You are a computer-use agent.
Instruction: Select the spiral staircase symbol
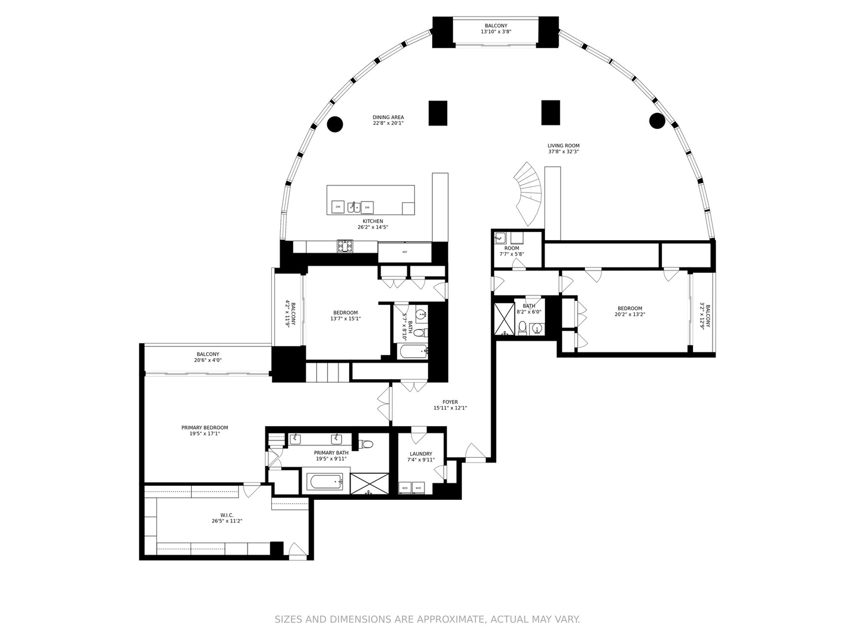click(528, 193)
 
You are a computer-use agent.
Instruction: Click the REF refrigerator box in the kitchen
click(405, 252)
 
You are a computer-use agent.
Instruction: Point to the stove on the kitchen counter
click(344, 245)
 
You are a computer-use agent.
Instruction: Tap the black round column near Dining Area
click(335, 124)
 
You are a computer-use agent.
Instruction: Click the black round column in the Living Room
click(657, 121)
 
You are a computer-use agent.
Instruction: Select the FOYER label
click(450, 402)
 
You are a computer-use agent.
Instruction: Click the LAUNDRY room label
click(421, 454)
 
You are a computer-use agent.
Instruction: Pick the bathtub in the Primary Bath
click(324, 481)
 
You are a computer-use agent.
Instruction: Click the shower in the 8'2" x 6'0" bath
click(505, 319)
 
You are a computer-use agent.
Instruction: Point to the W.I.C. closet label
click(227, 515)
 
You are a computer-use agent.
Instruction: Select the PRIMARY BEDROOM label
click(204, 428)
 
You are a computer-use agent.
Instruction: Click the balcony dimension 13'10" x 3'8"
click(496, 32)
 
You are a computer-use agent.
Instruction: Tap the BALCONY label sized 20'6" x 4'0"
click(208, 354)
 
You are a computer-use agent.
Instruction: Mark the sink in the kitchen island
click(353, 207)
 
